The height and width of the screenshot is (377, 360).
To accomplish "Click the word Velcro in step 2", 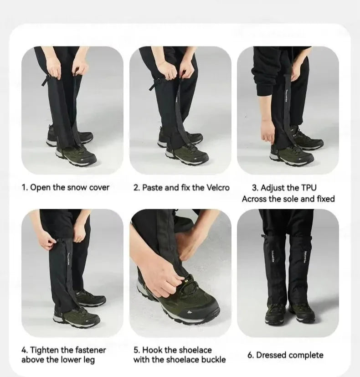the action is pos(218,187).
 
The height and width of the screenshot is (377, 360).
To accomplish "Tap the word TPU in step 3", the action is pos(308,187).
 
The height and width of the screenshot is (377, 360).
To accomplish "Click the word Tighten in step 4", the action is pos(44,350).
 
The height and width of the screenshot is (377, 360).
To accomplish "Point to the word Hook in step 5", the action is pos(152,350).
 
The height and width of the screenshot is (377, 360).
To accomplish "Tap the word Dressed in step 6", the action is pos(271,355).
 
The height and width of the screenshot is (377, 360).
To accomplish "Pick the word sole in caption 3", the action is pos(291,199).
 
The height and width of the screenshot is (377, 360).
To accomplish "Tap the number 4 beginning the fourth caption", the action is pos(24,350).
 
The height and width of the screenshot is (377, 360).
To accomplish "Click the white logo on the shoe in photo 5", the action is pos(190,312).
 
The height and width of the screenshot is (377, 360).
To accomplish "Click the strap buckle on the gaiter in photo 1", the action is pos(46,79).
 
